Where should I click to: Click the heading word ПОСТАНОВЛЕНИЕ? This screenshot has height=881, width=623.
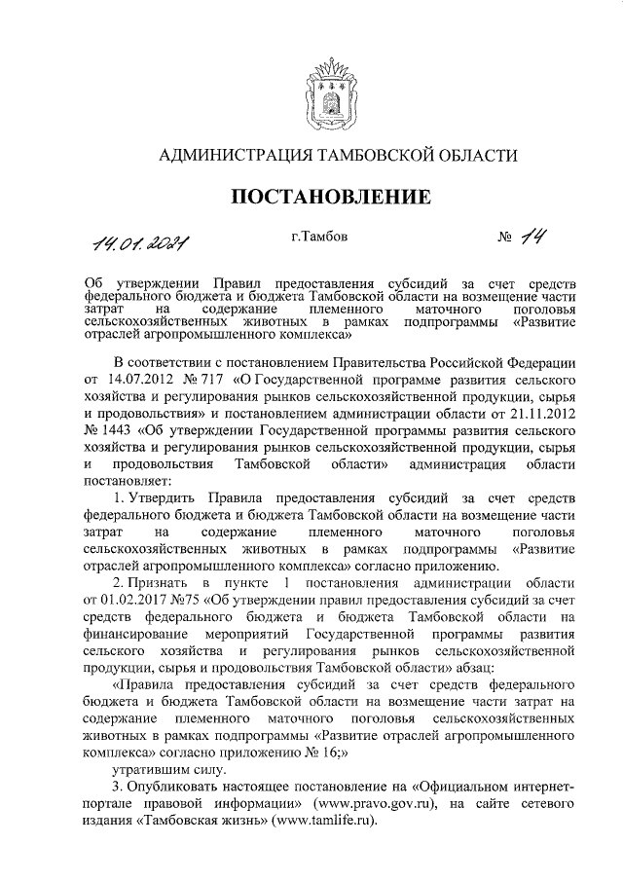coord(331,198)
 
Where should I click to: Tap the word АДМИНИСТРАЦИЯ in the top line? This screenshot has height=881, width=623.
coord(230,154)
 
